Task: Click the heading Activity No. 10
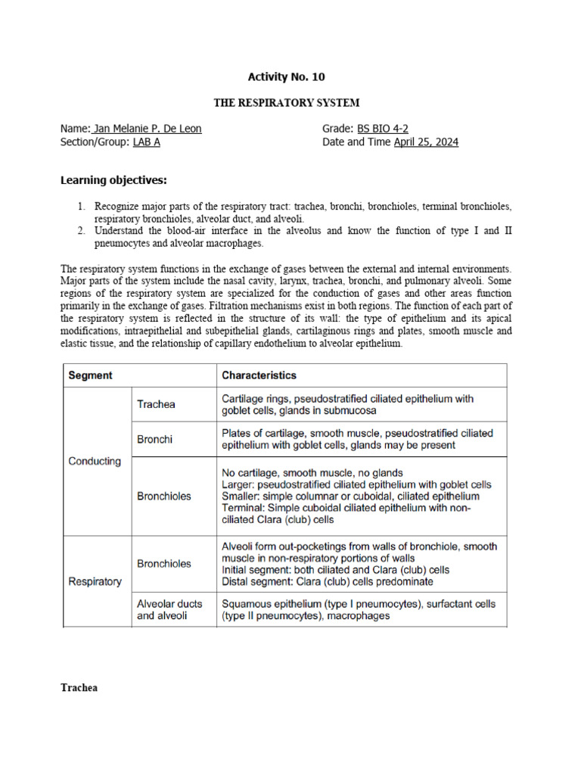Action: click(287, 76)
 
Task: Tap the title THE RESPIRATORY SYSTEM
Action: click(287, 102)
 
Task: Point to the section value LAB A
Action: click(147, 142)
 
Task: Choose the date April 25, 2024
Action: click(426, 142)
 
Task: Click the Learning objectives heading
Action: click(113, 179)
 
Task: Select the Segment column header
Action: click(90, 375)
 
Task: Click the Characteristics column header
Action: click(259, 375)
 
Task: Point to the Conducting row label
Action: click(95, 461)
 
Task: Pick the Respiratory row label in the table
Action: click(95, 581)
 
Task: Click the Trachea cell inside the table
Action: click(156, 404)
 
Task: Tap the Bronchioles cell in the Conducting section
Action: click(163, 496)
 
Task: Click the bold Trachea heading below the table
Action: click(79, 688)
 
